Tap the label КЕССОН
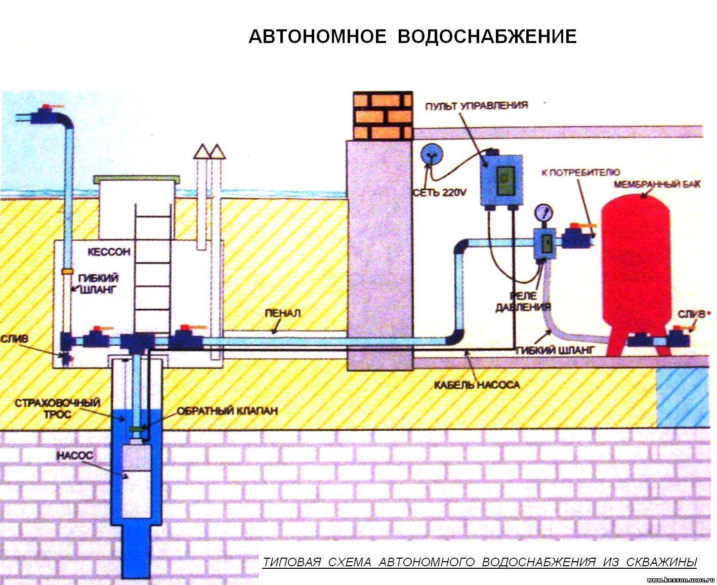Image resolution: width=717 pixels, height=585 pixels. coord(109,252)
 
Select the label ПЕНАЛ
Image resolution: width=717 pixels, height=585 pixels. coord(283,313)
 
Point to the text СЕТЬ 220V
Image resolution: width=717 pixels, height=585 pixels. coord(440,192)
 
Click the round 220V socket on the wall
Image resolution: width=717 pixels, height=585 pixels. coord(432,155)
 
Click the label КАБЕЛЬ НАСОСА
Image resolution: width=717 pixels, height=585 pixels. coord(477,385)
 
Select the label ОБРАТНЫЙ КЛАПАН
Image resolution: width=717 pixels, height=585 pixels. coord(227,411)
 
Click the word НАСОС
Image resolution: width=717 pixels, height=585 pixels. coord(74,455)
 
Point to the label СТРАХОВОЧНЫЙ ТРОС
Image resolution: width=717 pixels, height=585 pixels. coord(58,408)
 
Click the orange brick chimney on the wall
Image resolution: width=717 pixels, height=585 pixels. coord(383,116)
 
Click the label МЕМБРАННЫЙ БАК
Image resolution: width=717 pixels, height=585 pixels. coord(657,184)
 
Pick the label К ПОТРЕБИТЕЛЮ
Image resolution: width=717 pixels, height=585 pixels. coord(581,173)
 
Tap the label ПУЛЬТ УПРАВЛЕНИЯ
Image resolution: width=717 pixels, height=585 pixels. coord(477,106)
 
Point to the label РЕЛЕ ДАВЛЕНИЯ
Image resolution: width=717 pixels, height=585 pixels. coord(523,301)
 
